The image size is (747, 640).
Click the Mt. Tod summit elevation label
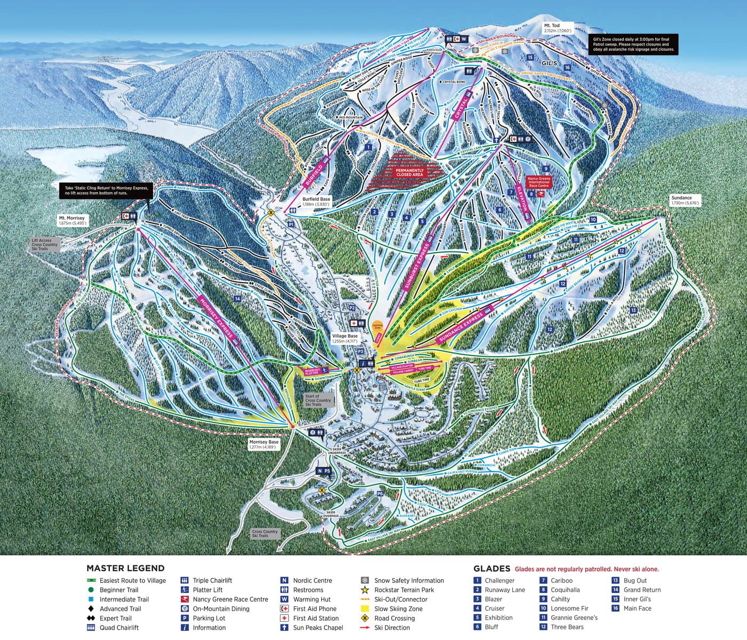coord(558,28)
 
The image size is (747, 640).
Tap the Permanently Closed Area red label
coord(410,172)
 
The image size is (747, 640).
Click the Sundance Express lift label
coord(460,324)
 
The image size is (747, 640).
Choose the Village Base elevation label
coord(345,339)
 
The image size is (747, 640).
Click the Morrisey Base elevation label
coord(264,444)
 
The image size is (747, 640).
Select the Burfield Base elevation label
coord(316,202)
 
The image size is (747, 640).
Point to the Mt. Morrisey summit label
coord(72,220)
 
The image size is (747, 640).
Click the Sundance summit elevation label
coord(681,200)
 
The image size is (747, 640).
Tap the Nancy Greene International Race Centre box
coord(538,182)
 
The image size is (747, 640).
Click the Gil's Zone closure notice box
coord(633,44)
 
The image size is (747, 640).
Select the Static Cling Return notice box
coord(106,190)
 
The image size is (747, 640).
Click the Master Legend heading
coord(125,569)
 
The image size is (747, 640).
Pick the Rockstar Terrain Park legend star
coord(365,590)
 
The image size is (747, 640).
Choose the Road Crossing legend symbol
coord(365,618)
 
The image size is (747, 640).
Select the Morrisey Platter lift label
coord(312,371)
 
